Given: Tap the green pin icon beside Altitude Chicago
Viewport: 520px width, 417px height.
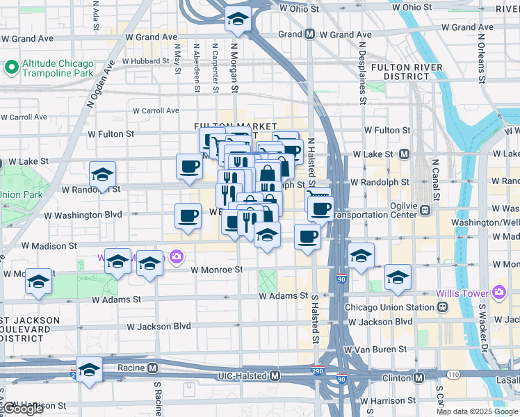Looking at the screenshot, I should [11, 67].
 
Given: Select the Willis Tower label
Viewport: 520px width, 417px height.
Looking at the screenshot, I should [462, 293].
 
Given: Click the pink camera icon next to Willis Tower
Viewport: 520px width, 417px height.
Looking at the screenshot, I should [498, 293].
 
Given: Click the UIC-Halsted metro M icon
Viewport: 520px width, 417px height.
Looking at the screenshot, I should [275, 376].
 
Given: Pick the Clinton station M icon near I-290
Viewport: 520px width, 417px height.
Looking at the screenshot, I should [419, 377].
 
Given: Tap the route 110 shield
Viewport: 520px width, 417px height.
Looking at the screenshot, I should [453, 374].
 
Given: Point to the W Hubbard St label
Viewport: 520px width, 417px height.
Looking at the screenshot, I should [146, 61].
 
